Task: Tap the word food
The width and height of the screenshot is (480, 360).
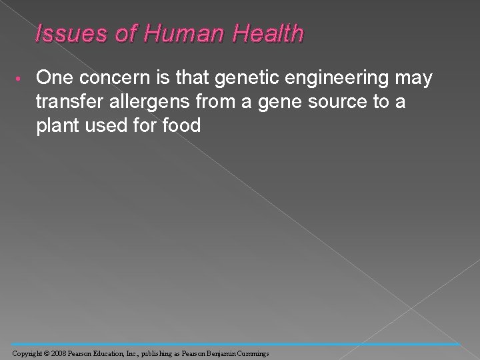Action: (183, 126)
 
